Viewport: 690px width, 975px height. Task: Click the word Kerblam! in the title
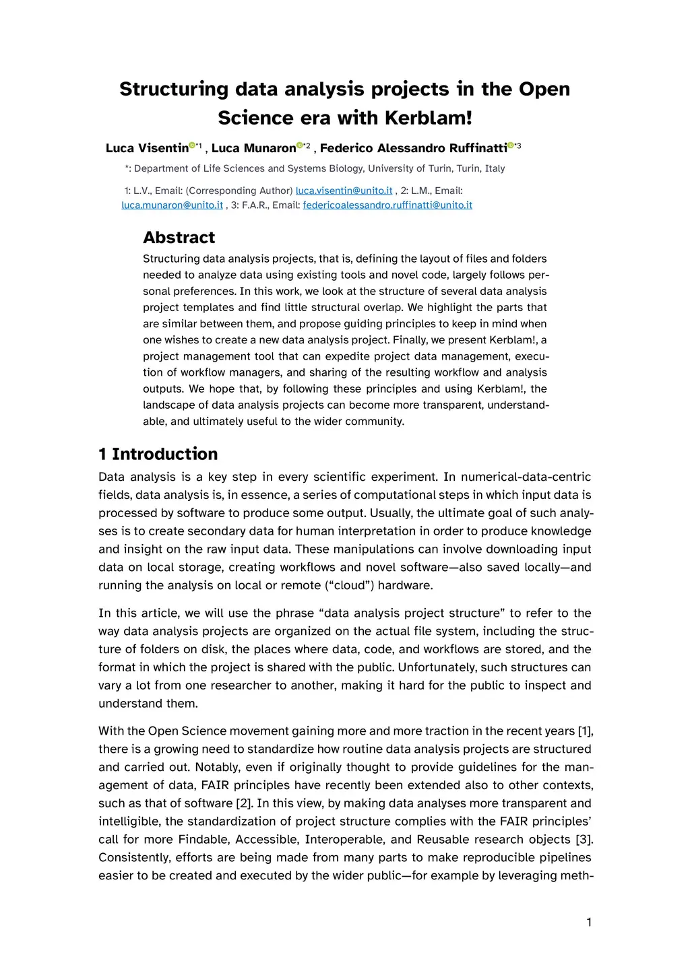[428, 118]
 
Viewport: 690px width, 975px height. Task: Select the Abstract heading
[179, 237]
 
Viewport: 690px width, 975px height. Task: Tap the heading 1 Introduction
[158, 454]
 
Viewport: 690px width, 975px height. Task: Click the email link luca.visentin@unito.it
[344, 191]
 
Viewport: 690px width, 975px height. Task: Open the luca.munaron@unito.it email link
[172, 205]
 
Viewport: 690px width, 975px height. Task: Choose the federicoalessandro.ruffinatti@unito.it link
[387, 205]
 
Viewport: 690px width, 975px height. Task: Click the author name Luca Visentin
[147, 148]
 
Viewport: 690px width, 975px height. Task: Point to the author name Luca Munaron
[253, 148]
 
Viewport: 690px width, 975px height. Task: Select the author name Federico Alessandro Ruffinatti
[413, 148]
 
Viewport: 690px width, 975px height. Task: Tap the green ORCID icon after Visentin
[192, 145]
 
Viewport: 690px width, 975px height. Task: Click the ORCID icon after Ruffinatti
[511, 145]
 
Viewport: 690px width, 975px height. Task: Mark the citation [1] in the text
[586, 731]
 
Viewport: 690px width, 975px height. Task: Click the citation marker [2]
[243, 803]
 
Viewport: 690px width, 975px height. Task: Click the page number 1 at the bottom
[589, 922]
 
